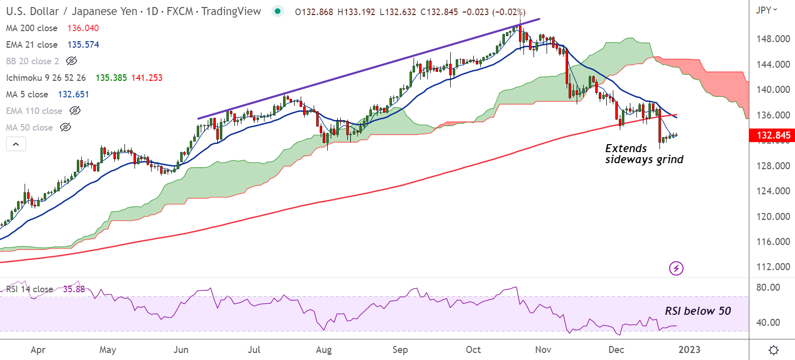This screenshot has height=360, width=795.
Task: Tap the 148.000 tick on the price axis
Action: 773,39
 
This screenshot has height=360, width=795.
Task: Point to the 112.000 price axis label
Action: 773,267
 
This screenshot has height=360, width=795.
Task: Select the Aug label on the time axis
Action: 324,350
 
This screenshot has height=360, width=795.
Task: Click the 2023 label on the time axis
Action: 689,350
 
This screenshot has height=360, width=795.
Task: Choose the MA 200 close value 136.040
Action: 83,28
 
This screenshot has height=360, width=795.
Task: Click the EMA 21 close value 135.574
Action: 83,45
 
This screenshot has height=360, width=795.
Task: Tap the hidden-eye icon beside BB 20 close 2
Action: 72,61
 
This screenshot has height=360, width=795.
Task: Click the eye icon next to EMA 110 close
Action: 75,111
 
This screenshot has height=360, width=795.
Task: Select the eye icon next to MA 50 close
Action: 66,128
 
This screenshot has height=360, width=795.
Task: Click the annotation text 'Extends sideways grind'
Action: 644,154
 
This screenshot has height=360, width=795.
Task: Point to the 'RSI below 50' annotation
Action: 698,311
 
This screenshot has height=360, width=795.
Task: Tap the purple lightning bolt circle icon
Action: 676,268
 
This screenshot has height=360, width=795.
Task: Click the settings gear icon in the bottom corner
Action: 773,350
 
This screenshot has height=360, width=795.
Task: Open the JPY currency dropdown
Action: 766,10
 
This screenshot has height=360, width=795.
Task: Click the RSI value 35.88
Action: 74,289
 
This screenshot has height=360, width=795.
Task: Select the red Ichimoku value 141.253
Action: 147,78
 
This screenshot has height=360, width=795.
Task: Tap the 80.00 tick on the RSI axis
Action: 768,288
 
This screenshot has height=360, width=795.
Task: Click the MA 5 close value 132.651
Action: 73,94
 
